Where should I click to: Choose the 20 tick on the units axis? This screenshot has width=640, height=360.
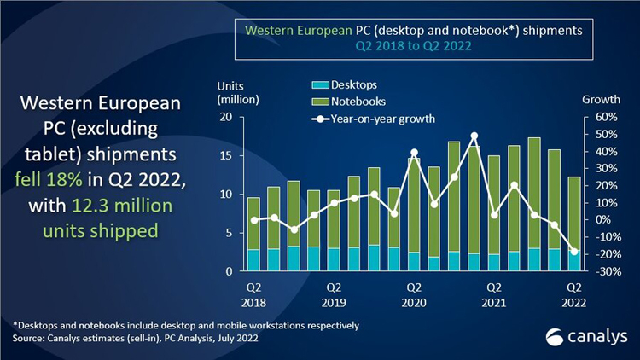[227, 117]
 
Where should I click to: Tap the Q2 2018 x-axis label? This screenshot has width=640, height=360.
[253, 294]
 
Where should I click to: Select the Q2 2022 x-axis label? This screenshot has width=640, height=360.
[574, 294]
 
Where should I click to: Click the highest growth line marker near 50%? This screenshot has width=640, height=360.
[474, 136]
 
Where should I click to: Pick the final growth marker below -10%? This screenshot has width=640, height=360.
[574, 252]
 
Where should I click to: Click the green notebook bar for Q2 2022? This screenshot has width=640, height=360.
[574, 213]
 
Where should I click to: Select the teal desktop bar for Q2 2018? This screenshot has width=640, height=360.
[253, 260]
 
